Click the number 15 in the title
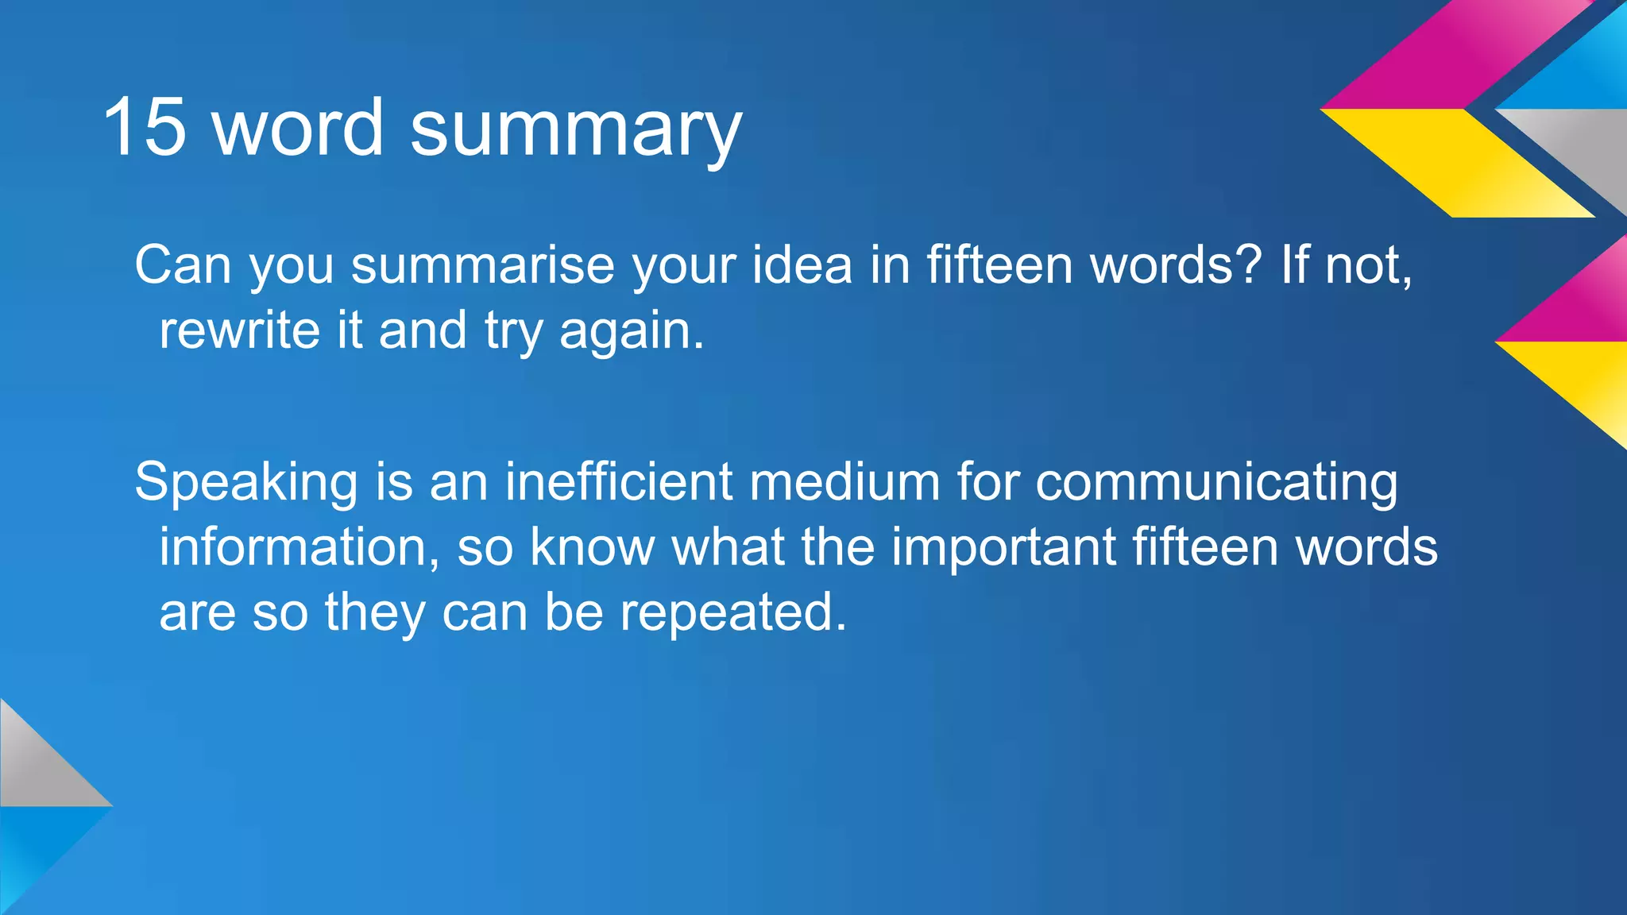coord(145,127)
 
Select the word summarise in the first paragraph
coord(482,265)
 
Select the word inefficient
coord(618,481)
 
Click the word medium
coord(844,481)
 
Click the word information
coord(297,547)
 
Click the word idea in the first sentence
coord(802,264)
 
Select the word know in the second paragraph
coord(592,547)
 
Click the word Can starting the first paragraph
coord(182,264)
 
